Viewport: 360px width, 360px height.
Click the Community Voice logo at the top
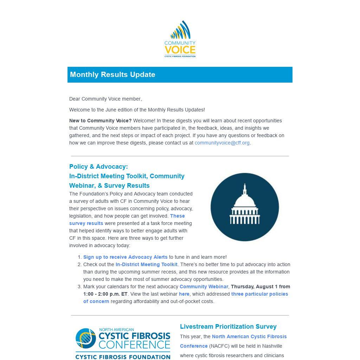[x=180, y=39]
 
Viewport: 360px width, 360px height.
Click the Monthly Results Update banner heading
[x=112, y=75]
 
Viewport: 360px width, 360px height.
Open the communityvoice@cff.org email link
[x=222, y=143]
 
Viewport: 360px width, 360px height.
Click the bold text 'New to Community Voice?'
[x=100, y=121]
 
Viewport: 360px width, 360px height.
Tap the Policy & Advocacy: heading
[x=98, y=167]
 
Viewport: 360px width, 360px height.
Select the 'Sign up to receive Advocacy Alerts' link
[x=125, y=257]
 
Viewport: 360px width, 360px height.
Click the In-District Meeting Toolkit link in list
[x=146, y=264]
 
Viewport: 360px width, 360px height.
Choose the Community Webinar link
[x=204, y=287]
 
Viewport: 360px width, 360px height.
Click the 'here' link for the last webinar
[x=184, y=294]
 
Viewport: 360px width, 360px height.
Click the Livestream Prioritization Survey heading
[x=228, y=327]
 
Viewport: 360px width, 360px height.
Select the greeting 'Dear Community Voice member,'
[x=105, y=99]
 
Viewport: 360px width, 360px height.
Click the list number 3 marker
[x=79, y=287]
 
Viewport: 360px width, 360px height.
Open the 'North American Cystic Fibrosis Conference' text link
[x=249, y=336]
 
